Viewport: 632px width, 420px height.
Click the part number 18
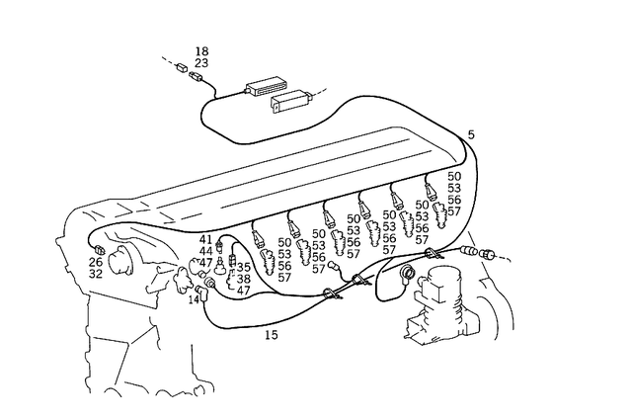click(x=201, y=50)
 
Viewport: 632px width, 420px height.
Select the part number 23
click(x=201, y=62)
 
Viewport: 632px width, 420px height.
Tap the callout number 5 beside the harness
click(x=470, y=133)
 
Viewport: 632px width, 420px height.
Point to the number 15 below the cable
click(x=271, y=335)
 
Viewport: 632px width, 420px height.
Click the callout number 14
click(x=194, y=298)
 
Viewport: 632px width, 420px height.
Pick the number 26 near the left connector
click(x=95, y=262)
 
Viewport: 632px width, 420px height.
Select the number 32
click(x=95, y=275)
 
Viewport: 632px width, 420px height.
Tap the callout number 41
click(x=205, y=239)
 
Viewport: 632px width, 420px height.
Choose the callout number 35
click(x=243, y=267)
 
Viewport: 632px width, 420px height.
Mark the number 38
click(x=243, y=279)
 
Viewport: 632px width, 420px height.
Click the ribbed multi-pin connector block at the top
click(x=269, y=85)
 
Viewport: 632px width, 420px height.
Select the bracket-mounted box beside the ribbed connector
click(x=294, y=100)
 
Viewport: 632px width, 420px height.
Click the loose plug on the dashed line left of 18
click(x=181, y=69)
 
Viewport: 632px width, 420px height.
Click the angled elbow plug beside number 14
click(x=209, y=288)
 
